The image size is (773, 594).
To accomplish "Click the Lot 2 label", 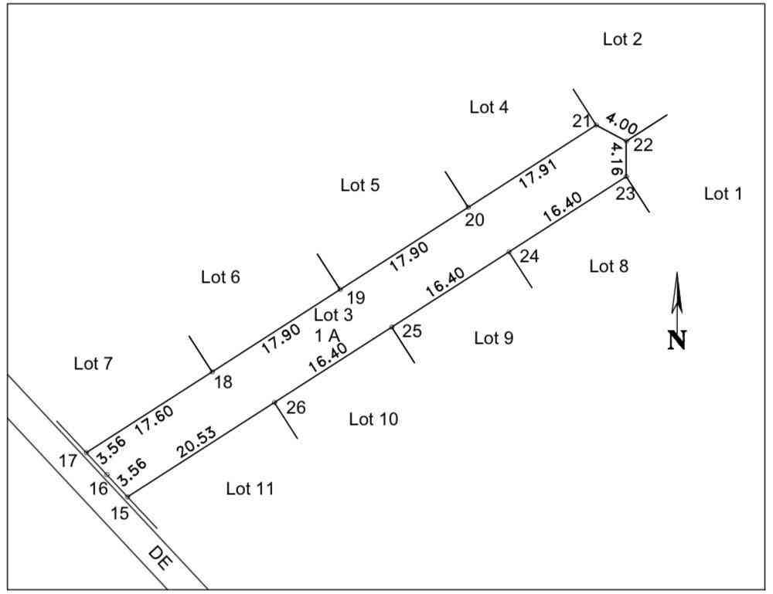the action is coord(622,39).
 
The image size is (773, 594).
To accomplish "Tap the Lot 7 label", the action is coord(94,364).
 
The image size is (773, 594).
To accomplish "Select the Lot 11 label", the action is coord(250,489).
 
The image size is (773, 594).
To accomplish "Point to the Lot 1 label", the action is coord(723,194).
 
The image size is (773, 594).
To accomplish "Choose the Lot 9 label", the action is coord(493,338).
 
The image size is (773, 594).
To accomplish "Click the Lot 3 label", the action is coord(333,314).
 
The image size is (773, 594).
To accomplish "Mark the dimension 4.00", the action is coord(621,124).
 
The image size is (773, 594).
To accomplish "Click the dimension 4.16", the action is coord(615,158).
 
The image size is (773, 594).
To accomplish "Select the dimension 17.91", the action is coord(538,173).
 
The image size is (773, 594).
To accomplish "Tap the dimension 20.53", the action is coord(196,442).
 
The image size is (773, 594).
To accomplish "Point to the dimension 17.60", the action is coord(154,420).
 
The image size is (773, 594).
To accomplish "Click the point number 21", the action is coord(581,120).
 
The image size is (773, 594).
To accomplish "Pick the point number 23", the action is coord(625,194).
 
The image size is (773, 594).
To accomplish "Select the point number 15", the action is coord(119,513).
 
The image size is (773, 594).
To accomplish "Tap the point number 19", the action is coord(356,297).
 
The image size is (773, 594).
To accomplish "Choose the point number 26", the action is coord(296,407).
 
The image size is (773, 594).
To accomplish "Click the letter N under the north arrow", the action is coord(677,340).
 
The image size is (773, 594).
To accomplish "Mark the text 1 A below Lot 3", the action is coord(327,335).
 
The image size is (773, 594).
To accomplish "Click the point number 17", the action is coord(68,460).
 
